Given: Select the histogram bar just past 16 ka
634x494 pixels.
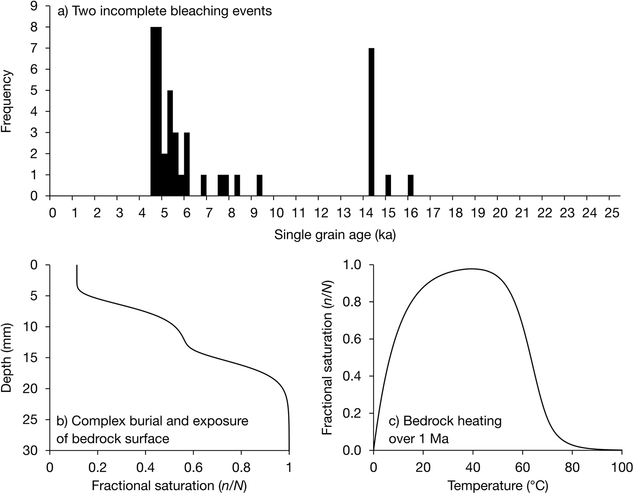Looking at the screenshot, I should (x=411, y=185).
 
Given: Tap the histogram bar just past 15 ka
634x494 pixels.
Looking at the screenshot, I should (x=388, y=185).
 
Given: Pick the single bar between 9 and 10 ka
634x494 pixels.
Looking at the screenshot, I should (x=259, y=185).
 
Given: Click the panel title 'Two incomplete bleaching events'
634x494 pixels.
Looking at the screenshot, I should (x=165, y=11).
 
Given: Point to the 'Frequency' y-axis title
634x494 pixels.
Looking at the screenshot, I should (x=7, y=101).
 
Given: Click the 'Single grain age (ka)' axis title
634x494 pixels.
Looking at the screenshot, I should (x=335, y=235).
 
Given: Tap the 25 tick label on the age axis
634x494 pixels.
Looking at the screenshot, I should (x=609, y=213).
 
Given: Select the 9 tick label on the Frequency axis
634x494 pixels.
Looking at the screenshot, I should (x=35, y=6).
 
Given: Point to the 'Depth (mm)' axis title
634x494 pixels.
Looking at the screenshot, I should (x=7, y=357).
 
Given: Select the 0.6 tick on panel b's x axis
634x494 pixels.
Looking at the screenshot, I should (x=193, y=467).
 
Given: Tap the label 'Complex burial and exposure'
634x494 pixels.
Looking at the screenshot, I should (x=152, y=421).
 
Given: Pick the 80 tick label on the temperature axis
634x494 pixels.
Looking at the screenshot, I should (x=572, y=467).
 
